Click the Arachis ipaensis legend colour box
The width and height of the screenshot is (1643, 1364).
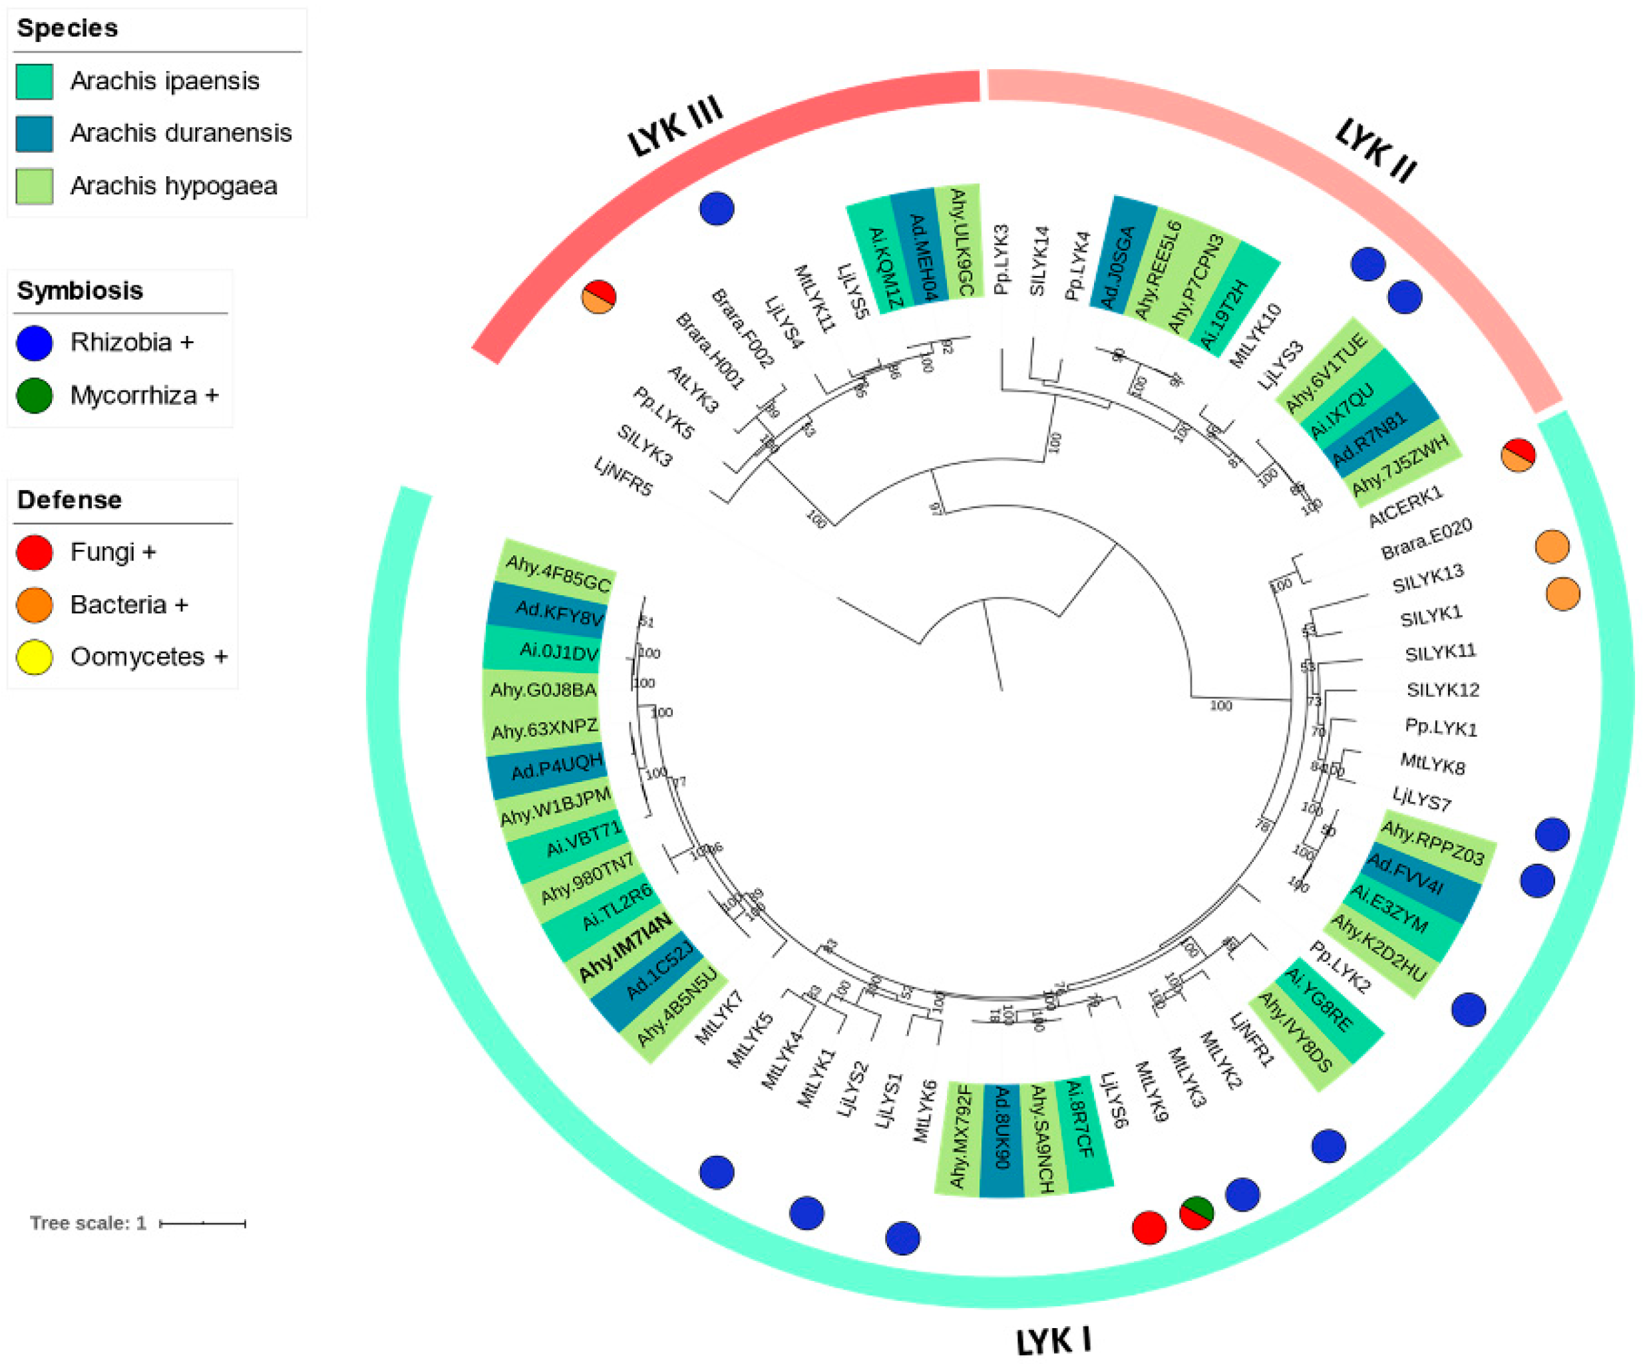35,81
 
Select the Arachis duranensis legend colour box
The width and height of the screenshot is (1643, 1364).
35,133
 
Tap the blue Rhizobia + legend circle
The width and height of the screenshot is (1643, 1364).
35,342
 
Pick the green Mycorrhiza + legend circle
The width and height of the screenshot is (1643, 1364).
35,395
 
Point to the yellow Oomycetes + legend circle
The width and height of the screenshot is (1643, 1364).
35,657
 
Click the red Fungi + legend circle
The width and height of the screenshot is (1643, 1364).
35,552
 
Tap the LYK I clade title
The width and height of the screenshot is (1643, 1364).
1053,1341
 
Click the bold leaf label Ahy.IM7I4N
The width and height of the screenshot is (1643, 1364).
624,947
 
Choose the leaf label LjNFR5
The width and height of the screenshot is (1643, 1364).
623,476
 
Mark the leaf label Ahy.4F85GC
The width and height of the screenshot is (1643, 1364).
557,573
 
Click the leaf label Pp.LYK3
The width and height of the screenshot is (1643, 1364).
1001,259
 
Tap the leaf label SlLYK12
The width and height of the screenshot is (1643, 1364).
1443,690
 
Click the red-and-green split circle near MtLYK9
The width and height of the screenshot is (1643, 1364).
1196,1213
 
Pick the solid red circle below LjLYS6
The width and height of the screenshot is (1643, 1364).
1149,1227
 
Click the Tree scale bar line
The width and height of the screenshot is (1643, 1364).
203,1223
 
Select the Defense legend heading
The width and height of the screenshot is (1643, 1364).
70,499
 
